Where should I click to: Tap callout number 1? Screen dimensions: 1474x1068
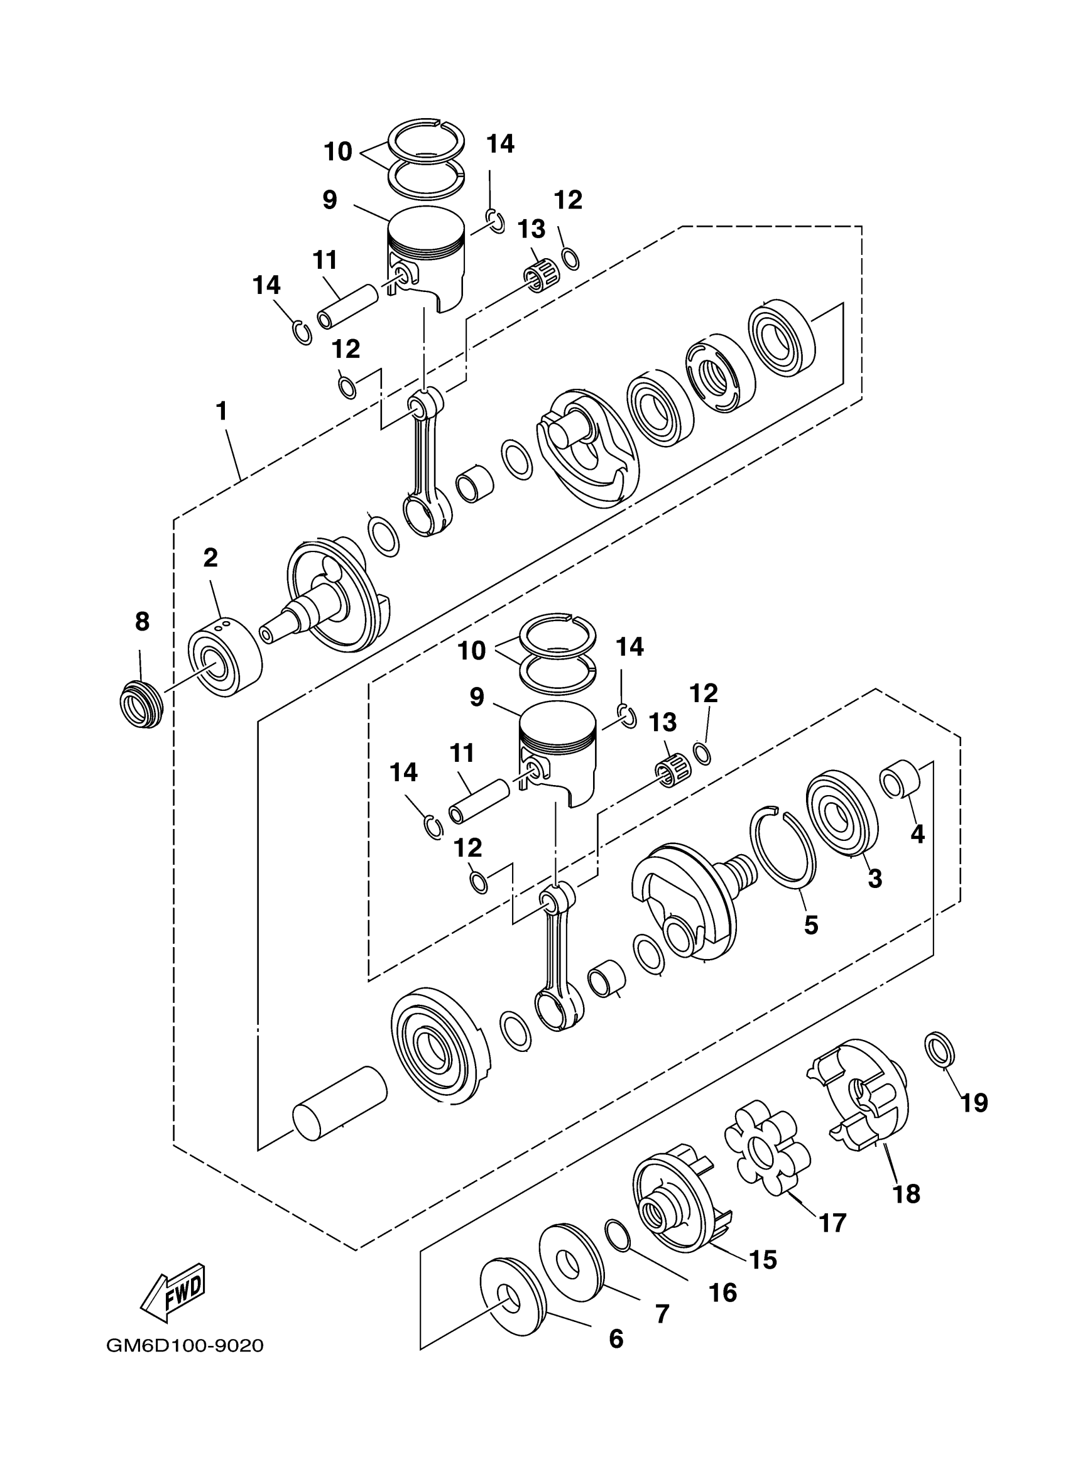(x=222, y=411)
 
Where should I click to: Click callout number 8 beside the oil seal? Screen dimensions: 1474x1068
(x=142, y=622)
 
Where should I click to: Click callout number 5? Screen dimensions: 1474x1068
(x=810, y=926)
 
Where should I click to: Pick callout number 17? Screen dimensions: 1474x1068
(x=832, y=1223)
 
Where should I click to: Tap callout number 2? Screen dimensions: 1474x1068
(x=210, y=558)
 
